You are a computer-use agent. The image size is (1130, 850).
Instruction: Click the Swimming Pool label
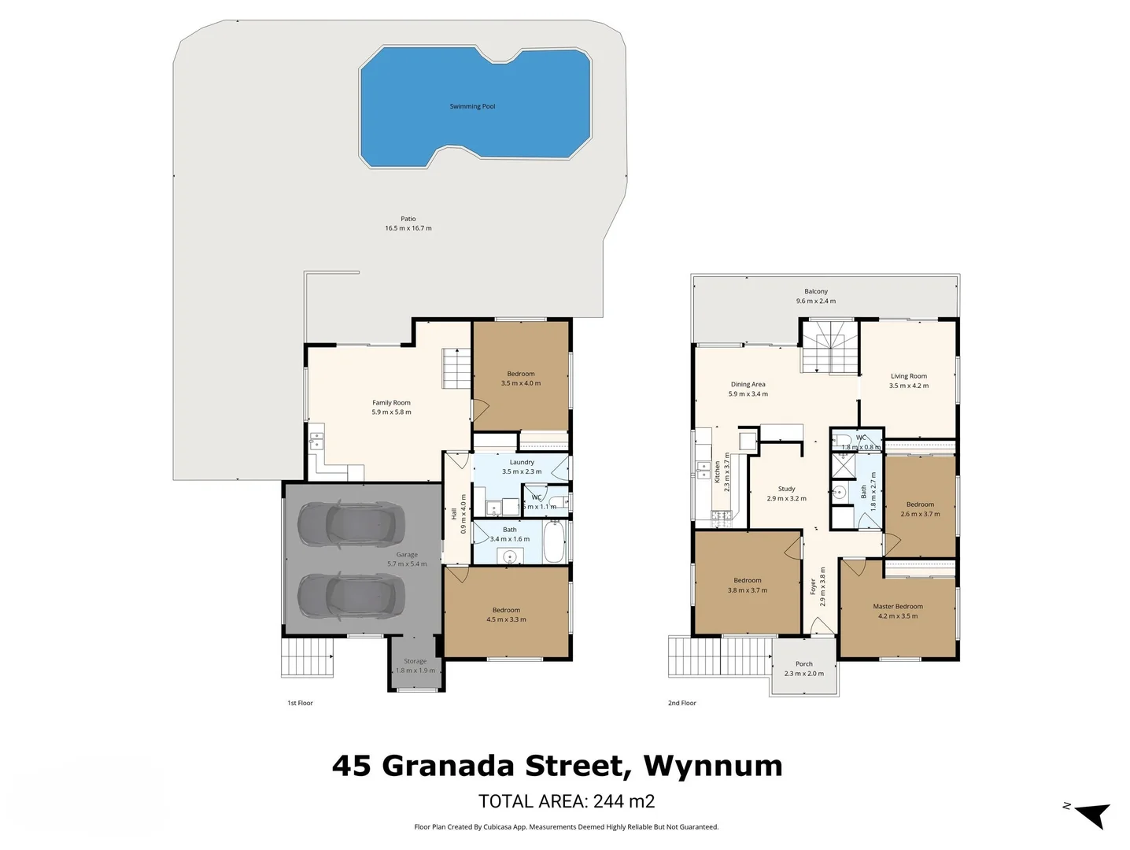coord(472,106)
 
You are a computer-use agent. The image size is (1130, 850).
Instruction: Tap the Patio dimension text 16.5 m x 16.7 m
coord(408,228)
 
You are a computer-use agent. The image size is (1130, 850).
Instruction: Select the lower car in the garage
coord(351,596)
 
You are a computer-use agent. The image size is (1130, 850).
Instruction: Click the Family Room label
coord(391,402)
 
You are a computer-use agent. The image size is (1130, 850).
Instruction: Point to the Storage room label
coord(415,661)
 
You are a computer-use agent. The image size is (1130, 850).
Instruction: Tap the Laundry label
coord(522,462)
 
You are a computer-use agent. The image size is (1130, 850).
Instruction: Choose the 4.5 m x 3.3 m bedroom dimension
coord(506,619)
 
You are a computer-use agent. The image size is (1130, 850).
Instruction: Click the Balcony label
coord(815,291)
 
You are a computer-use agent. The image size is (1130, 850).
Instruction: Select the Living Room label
coord(908,376)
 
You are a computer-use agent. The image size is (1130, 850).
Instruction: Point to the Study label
coord(786,489)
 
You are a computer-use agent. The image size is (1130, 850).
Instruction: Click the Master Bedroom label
coord(897,606)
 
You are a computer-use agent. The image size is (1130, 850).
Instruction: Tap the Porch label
coord(803,663)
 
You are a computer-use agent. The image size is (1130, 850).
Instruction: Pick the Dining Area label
coord(748,384)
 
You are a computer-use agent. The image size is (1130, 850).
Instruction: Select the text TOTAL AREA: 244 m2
coord(566,801)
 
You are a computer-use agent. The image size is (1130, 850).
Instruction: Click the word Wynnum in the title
coord(712,765)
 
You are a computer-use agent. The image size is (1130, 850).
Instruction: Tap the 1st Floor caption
coord(300,703)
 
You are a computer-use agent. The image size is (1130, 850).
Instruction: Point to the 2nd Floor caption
coord(681,703)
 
